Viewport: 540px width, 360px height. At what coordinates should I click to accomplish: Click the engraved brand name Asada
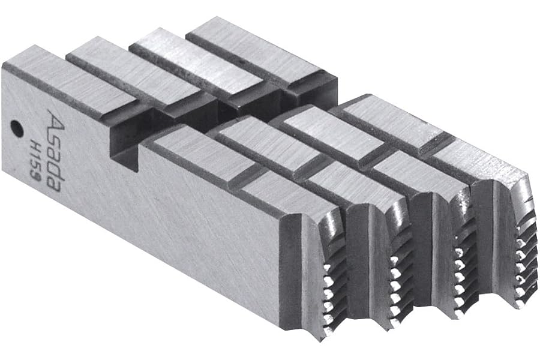coord(54,150)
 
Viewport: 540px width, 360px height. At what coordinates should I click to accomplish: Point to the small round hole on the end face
coord(16,128)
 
